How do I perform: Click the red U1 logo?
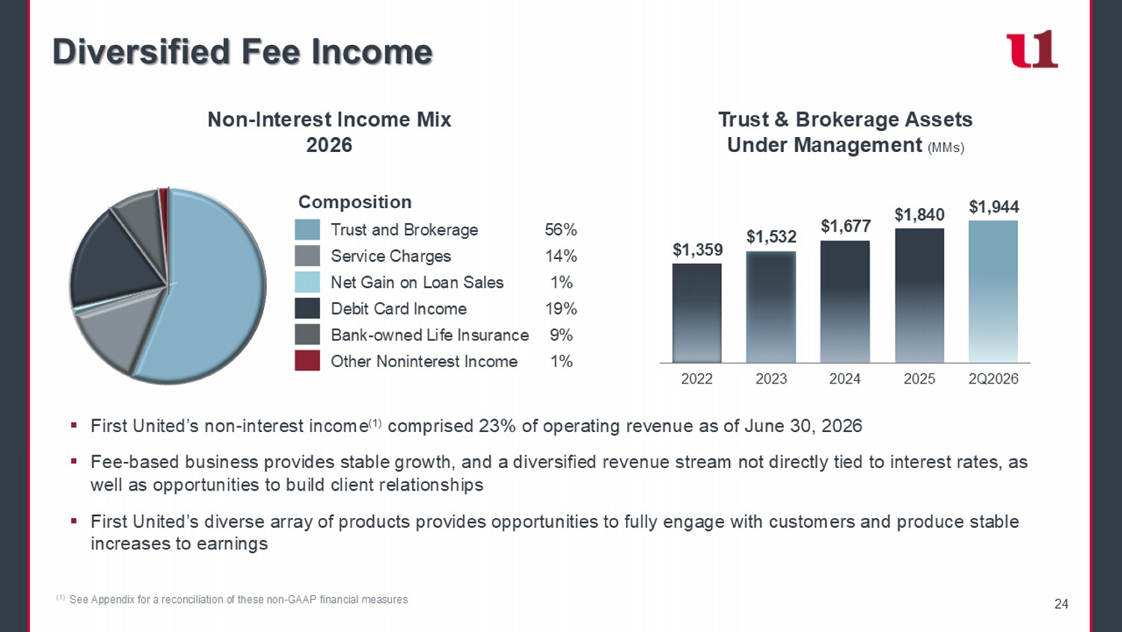click(x=1031, y=49)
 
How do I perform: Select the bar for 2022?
click(x=696, y=313)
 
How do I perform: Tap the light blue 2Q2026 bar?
click(x=993, y=291)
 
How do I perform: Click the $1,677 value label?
click(x=845, y=226)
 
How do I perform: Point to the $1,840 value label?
click(x=919, y=215)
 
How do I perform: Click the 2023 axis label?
click(x=771, y=379)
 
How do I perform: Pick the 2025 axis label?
click(x=919, y=379)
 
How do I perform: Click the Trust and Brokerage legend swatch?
click(x=307, y=230)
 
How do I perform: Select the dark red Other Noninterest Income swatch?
click(x=307, y=361)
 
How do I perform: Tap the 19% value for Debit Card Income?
click(x=561, y=309)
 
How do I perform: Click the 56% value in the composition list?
click(x=561, y=230)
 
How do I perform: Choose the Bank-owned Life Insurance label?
click(x=430, y=335)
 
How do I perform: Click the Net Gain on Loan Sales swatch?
click(x=307, y=282)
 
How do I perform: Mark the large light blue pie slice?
click(x=215, y=291)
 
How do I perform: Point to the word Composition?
click(x=355, y=202)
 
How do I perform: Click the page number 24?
click(x=1061, y=604)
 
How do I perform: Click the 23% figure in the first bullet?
click(x=497, y=426)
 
